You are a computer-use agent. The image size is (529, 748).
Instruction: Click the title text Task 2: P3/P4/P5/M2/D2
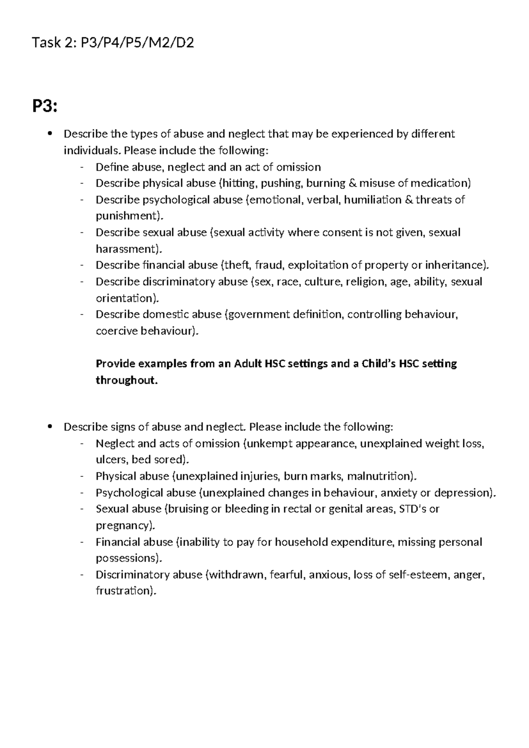coord(113,43)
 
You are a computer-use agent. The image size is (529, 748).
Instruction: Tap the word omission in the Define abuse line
coord(298,167)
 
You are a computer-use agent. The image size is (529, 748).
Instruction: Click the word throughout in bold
coord(126,380)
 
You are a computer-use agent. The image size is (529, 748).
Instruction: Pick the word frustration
coord(125,591)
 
